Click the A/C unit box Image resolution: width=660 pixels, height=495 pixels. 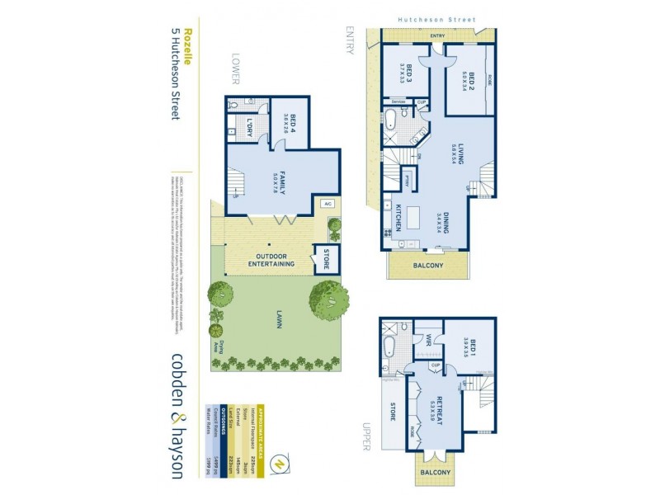click(x=327, y=202)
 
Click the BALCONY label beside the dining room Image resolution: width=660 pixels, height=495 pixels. click(x=427, y=266)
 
